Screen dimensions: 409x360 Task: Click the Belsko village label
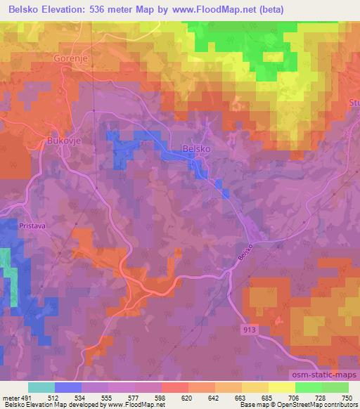[x=196, y=149]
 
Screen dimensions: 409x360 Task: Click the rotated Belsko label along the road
[x=244, y=254]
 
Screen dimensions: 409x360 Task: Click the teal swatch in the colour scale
[x=41, y=387]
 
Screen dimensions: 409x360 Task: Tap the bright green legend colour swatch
[x=309, y=387]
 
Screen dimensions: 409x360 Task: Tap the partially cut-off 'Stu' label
[x=353, y=104]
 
